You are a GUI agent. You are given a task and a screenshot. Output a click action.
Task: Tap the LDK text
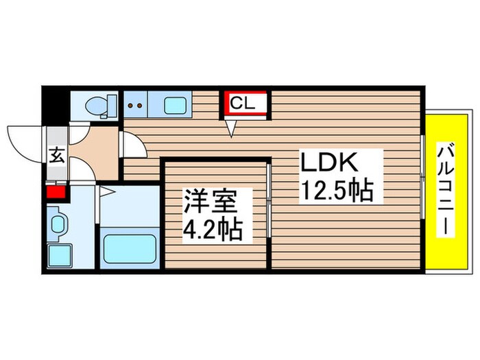(x=328, y=164)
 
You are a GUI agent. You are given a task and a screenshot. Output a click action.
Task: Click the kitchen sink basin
(x=176, y=106)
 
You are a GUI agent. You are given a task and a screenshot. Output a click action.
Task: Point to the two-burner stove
(x=136, y=106)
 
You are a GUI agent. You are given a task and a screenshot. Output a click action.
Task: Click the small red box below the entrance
(x=54, y=191)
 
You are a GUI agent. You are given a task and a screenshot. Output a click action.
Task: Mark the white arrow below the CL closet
(x=231, y=128)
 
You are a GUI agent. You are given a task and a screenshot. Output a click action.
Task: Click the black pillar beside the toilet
(x=55, y=104)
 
